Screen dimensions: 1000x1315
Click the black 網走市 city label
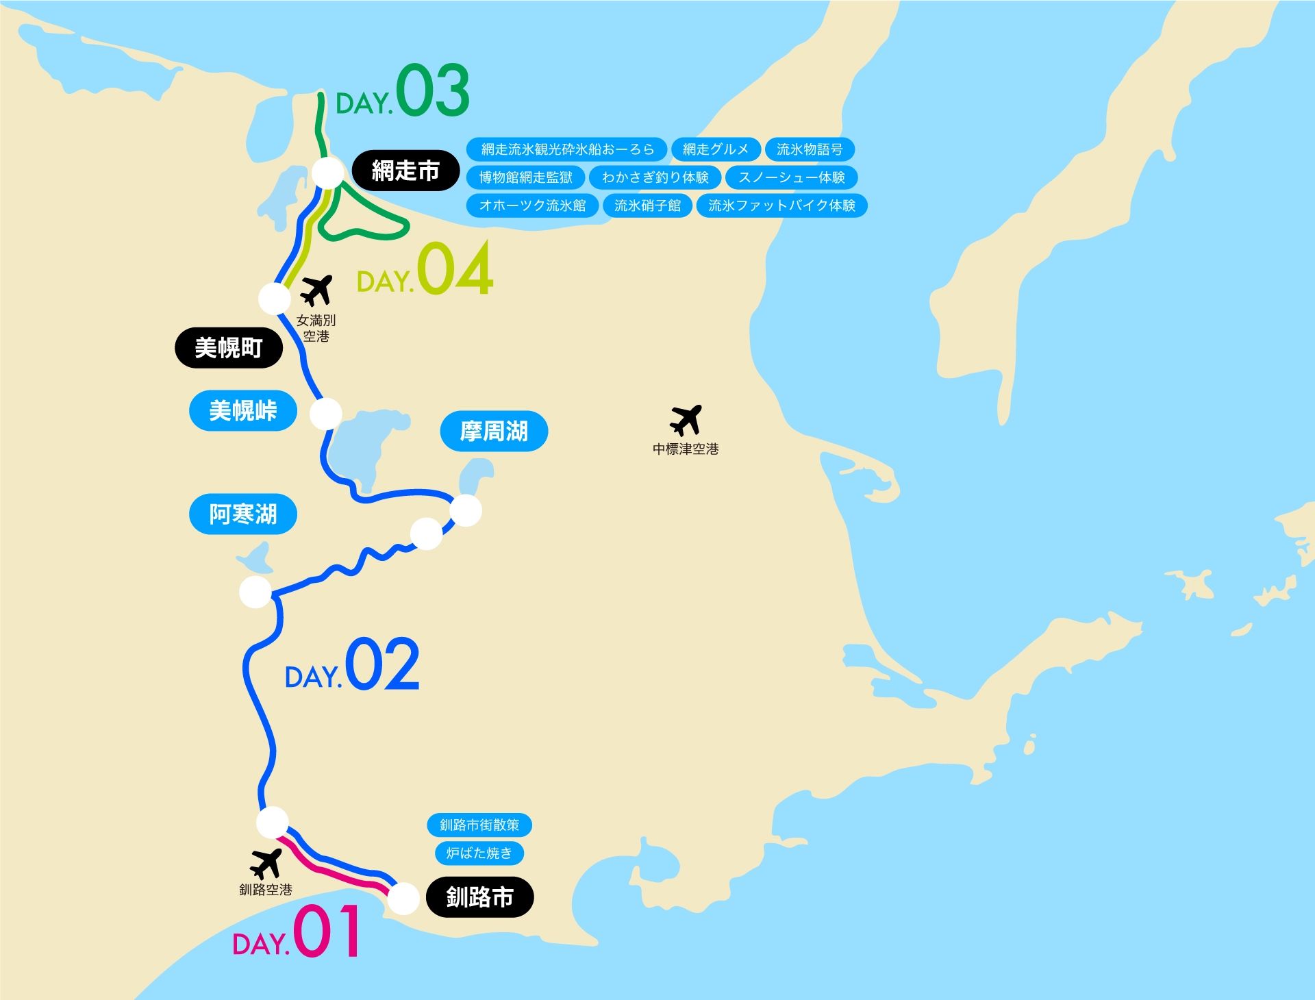pos(405,171)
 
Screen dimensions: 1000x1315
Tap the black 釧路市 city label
pos(479,897)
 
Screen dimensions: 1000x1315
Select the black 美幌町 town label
pos(229,348)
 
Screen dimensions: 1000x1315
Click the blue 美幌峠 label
pos(243,411)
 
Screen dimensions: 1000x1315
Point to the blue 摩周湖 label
pos(494,432)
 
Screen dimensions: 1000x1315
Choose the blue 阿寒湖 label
pos(243,514)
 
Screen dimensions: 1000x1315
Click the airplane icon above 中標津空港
pos(686,420)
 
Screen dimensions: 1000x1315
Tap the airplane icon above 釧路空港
pos(266,864)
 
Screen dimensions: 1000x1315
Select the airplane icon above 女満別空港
pos(316,290)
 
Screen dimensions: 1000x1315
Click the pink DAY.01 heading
pos(297,933)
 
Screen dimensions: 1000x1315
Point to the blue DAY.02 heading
pos(352,666)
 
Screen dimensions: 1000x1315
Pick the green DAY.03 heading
pos(403,92)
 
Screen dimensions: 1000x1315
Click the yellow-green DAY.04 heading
pos(425,270)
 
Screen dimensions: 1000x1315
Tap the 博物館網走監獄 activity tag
pos(525,177)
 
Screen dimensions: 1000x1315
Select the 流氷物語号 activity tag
pos(809,149)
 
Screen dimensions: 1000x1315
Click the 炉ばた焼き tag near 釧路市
pos(479,853)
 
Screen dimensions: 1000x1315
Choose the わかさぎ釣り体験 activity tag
pos(655,177)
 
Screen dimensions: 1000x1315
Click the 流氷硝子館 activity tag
pos(647,205)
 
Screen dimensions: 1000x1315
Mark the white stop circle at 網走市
pos(329,173)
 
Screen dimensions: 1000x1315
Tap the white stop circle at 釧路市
pos(403,898)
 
